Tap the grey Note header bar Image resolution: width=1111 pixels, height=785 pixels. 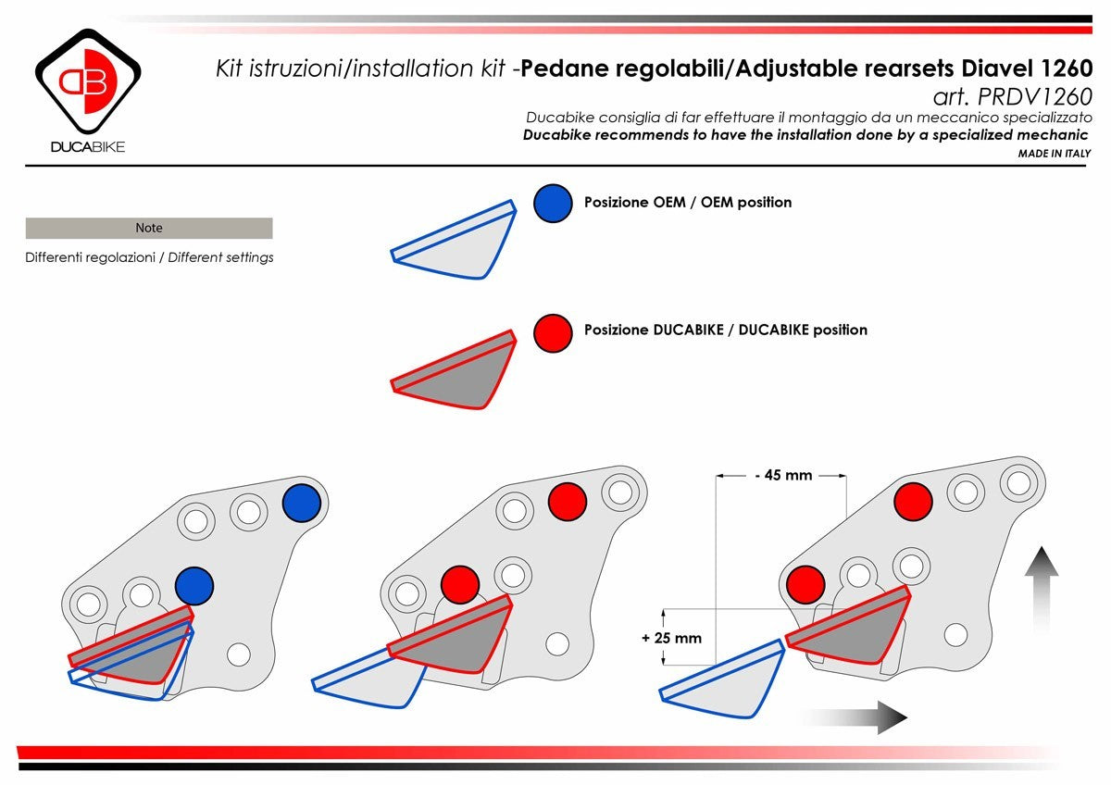[x=149, y=228]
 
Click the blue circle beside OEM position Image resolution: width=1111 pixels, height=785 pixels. [x=553, y=203]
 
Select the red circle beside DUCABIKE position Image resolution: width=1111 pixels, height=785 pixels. [x=553, y=332]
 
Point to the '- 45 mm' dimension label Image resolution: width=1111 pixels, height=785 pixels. [x=782, y=476]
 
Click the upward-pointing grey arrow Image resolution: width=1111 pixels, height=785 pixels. [x=1042, y=574]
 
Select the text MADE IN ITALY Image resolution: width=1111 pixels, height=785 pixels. [x=1055, y=154]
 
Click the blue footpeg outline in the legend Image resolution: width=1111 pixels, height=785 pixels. [x=454, y=243]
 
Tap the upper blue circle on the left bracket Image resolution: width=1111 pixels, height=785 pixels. [x=301, y=503]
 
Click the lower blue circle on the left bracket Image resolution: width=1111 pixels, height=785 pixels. [x=194, y=586]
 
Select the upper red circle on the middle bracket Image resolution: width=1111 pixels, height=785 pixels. [x=567, y=502]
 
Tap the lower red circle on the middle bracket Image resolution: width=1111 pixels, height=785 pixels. [x=459, y=585]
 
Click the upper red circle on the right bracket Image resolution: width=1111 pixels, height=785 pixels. [x=913, y=501]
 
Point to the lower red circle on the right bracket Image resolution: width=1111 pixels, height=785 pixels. [x=805, y=584]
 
